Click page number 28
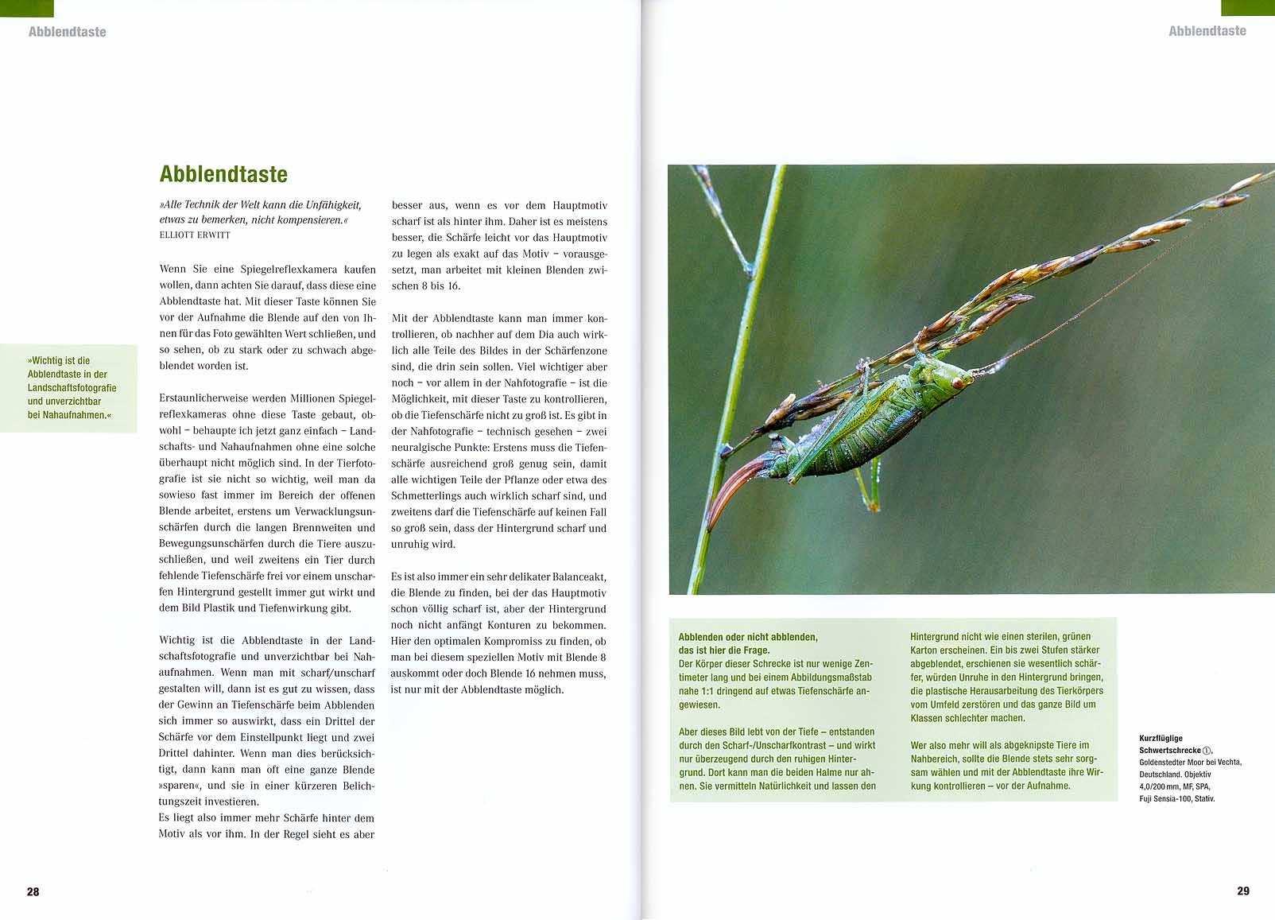pyautogui.click(x=33, y=891)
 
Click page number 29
pyautogui.click(x=1243, y=891)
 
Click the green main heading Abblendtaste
pyautogui.click(x=223, y=174)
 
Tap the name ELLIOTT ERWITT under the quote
pyautogui.click(x=195, y=235)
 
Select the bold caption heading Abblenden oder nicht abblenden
pyautogui.click(x=747, y=637)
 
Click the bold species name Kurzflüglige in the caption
pyautogui.click(x=1161, y=738)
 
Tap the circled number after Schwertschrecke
pyautogui.click(x=1207, y=750)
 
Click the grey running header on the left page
pyautogui.click(x=67, y=32)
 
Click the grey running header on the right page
pyautogui.click(x=1207, y=31)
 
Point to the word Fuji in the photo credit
pyautogui.click(x=1148, y=798)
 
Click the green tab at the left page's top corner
pyautogui.click(x=26, y=8)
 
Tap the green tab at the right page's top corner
pyautogui.click(x=1247, y=7)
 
